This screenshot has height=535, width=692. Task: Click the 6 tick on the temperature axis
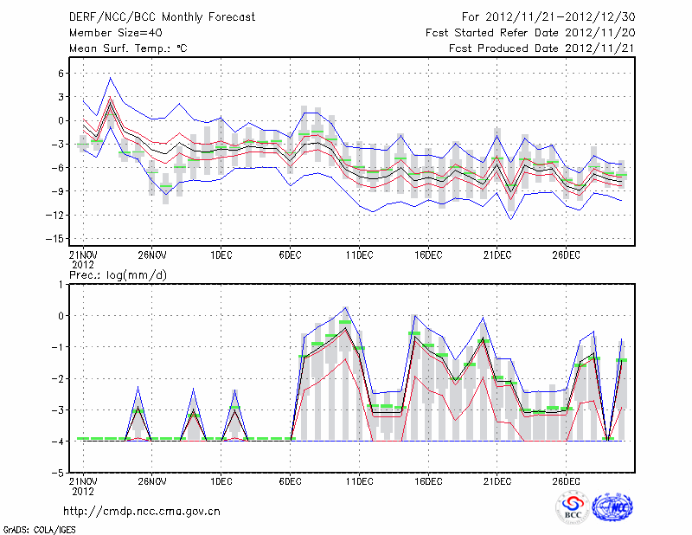coord(62,74)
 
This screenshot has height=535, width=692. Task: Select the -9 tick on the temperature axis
coord(59,191)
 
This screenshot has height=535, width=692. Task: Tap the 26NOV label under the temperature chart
coord(151,255)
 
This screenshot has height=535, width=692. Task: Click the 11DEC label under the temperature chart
coord(359,255)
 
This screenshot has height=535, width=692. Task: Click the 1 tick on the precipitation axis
coord(62,284)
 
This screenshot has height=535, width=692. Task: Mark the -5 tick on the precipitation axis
coord(59,474)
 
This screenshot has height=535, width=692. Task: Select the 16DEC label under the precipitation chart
coord(428,480)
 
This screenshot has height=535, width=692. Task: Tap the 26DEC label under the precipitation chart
coord(567,480)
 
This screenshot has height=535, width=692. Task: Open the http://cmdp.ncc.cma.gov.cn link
coord(142,511)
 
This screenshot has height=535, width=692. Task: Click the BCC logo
coord(573,508)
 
